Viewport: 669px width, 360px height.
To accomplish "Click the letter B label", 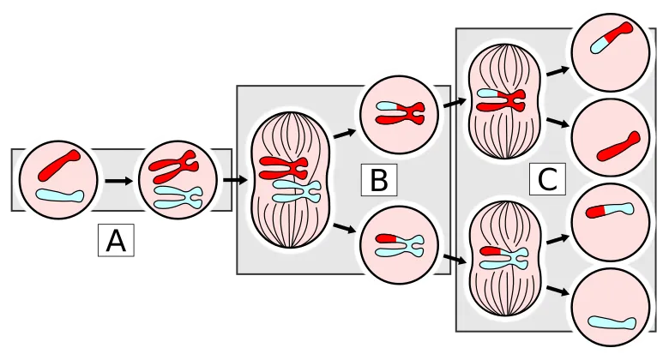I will click(379, 181).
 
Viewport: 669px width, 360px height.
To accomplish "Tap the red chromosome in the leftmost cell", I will click(58, 163).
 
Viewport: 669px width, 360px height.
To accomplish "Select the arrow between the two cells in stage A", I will click(118, 181).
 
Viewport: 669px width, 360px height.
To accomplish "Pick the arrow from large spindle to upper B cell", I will click(345, 132).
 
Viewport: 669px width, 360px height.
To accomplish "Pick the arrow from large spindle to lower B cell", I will click(345, 227).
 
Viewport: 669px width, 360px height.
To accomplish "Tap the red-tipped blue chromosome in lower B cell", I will click(400, 244).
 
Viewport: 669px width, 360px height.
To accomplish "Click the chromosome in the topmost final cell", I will click(610, 38).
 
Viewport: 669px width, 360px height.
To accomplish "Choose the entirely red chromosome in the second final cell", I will click(617, 144).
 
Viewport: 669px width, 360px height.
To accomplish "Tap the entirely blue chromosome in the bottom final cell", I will click(611, 322).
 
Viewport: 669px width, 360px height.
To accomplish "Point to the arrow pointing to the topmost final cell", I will click(558, 70).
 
